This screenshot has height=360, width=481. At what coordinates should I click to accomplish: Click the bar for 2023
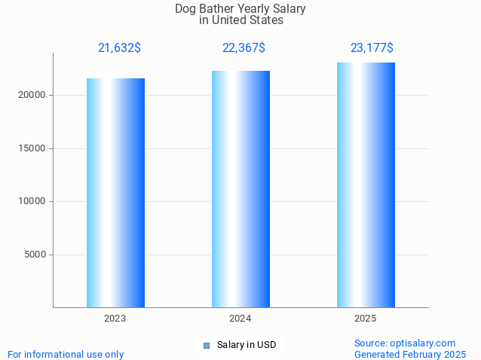coord(115,193)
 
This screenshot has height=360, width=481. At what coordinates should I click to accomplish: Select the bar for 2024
coord(240,189)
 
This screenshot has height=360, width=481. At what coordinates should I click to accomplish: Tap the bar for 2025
coord(366,185)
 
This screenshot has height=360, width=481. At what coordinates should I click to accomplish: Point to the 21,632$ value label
coord(119,48)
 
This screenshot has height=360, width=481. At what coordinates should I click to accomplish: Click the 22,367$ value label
coord(244,48)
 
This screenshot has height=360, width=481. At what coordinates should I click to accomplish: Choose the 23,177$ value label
coord(372,48)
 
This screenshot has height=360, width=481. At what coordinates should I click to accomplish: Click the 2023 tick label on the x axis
coord(115,319)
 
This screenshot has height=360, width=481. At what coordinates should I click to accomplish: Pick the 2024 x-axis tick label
coord(240,319)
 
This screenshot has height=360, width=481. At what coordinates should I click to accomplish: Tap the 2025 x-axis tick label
coord(366,319)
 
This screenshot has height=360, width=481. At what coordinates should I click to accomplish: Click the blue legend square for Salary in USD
coord(206,346)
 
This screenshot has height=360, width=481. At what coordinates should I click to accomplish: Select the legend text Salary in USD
coord(247,345)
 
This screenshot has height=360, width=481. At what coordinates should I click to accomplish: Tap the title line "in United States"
coord(241,20)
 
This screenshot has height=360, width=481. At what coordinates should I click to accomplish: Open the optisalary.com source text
coord(405,343)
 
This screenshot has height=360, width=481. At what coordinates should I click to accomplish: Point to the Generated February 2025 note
coord(410,354)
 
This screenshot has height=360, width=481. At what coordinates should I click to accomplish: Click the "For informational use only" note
coord(66,354)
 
